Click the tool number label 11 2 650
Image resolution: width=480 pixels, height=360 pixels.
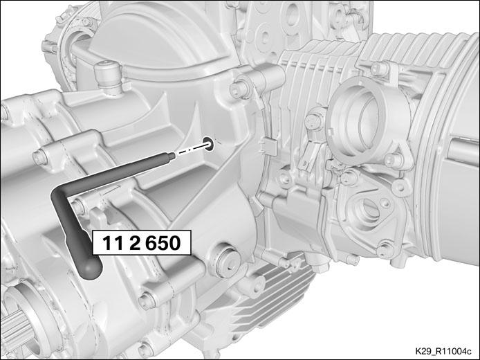click(x=141, y=243)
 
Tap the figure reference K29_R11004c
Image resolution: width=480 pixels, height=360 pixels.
click(x=443, y=351)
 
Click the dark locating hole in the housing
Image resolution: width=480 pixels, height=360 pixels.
click(x=209, y=144)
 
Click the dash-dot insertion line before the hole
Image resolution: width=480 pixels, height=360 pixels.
click(x=191, y=150)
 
